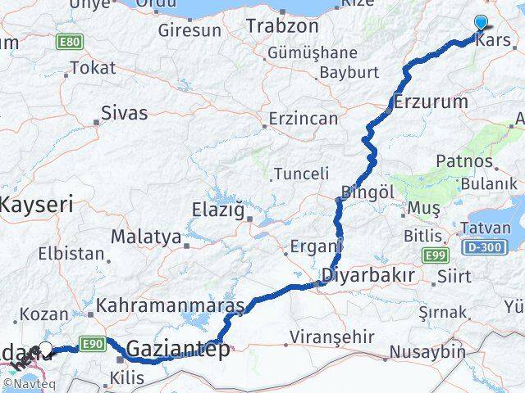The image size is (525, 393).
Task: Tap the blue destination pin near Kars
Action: (x=481, y=24)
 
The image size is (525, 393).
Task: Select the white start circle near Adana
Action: (x=47, y=348)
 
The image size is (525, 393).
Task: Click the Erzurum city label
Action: (x=431, y=102)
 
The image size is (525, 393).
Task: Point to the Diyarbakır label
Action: (x=368, y=275)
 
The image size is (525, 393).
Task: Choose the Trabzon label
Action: (x=282, y=26)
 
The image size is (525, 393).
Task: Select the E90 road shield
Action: (x=92, y=344)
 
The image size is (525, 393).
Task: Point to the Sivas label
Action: (x=124, y=113)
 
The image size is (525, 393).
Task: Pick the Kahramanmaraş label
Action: (x=171, y=306)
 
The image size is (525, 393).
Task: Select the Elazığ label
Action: (x=217, y=209)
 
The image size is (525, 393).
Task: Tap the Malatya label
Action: (x=146, y=237)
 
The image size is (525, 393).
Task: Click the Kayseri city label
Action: (x=37, y=203)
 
